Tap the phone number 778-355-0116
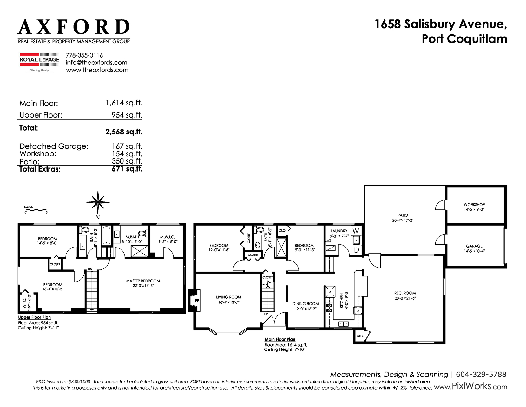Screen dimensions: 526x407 (84, 55)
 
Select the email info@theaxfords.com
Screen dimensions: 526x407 (96, 63)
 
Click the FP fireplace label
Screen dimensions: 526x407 (197, 301)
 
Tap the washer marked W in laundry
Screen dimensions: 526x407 (356, 231)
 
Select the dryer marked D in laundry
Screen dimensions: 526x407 (356, 250)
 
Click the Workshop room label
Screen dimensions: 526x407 (474, 204)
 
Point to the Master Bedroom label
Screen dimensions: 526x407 (143, 281)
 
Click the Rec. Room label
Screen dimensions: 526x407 (405, 293)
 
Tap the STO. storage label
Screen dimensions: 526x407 (360, 336)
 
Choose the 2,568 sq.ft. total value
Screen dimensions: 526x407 (124, 132)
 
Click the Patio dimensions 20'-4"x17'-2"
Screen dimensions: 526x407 (403, 220)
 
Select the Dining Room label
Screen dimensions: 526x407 (306, 303)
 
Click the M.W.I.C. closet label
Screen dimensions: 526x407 (168, 237)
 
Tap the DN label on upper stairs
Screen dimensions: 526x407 (90, 269)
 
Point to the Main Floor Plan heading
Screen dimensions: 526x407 (280, 339)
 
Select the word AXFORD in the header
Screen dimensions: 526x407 (74, 27)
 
